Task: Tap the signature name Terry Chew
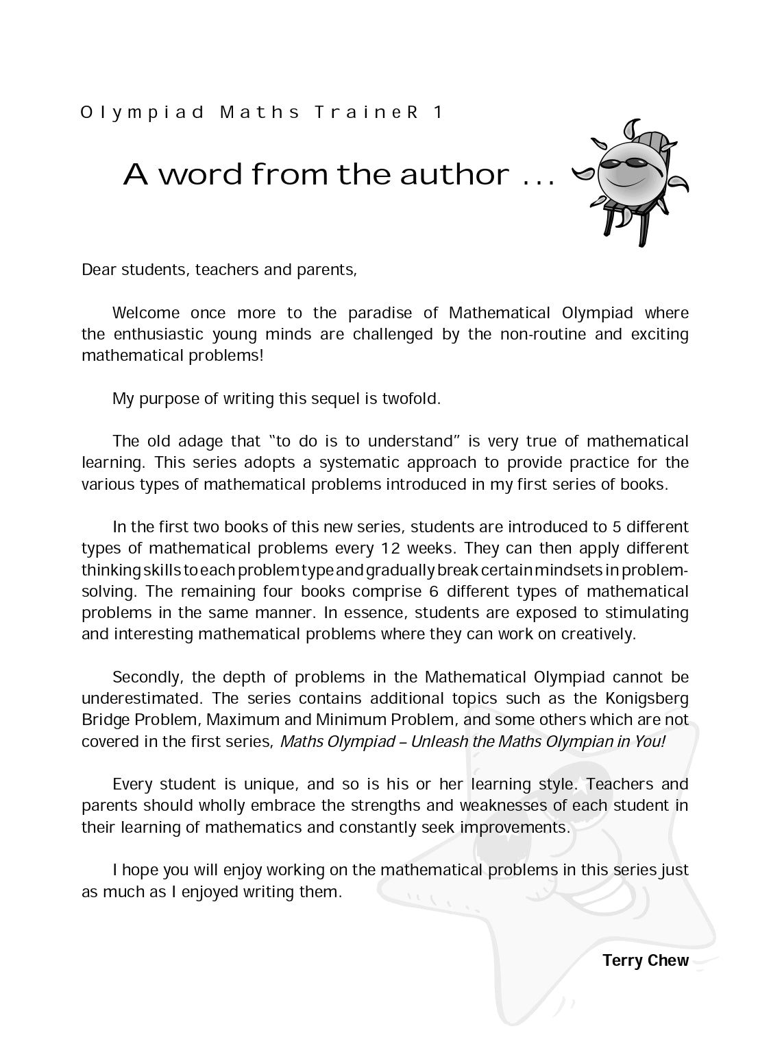[x=645, y=960]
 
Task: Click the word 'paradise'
[x=380, y=313]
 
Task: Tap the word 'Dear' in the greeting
[x=99, y=270]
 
